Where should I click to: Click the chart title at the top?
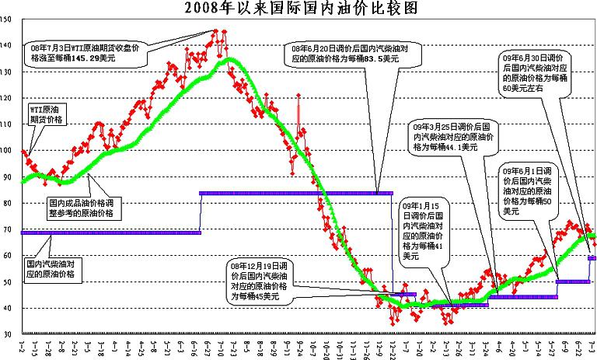[298, 9]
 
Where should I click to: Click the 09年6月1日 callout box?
[529, 190]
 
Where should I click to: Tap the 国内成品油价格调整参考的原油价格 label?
[81, 207]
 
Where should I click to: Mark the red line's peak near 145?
[215, 31]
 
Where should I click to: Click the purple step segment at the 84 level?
[295, 193]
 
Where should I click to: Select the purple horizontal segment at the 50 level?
[573, 281]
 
